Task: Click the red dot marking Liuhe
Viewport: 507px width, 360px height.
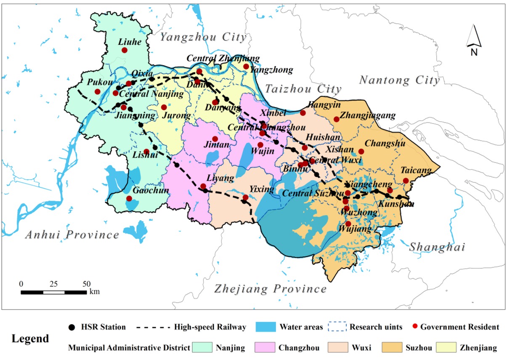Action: [x=124, y=50]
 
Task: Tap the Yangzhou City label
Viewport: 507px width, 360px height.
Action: [x=203, y=37]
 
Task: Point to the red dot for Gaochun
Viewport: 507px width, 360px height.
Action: [x=129, y=198]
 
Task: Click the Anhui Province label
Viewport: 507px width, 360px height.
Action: [x=72, y=235]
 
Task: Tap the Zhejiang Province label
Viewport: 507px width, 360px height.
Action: [x=270, y=289]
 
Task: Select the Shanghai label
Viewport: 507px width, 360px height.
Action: [x=438, y=247]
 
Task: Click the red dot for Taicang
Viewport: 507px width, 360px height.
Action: [x=406, y=181]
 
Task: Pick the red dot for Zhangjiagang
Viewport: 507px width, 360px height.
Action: [x=336, y=119]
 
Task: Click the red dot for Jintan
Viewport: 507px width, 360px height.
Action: [x=215, y=139]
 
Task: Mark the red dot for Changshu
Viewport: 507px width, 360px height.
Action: [x=361, y=151]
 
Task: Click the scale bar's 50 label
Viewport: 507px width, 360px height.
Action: [x=86, y=283]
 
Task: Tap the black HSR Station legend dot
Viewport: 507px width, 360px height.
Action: [x=72, y=327]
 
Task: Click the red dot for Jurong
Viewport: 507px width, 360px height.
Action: [x=164, y=107]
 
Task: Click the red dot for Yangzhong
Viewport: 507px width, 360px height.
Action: [x=246, y=66]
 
